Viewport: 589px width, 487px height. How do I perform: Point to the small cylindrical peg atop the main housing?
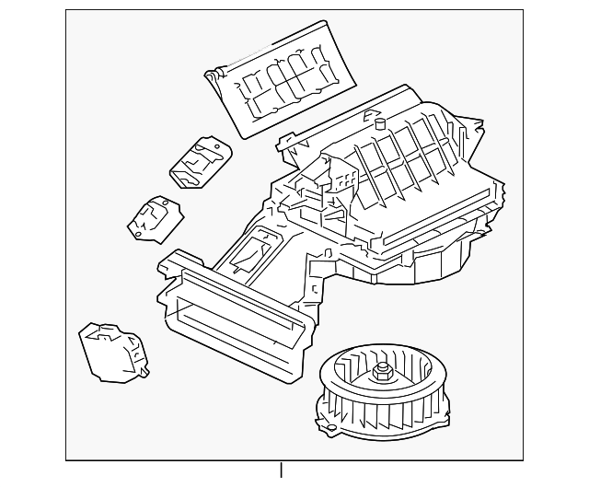coord(377,120)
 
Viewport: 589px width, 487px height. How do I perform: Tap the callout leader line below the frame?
coord(281,471)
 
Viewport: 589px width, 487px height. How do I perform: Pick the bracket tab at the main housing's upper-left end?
coord(284,143)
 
